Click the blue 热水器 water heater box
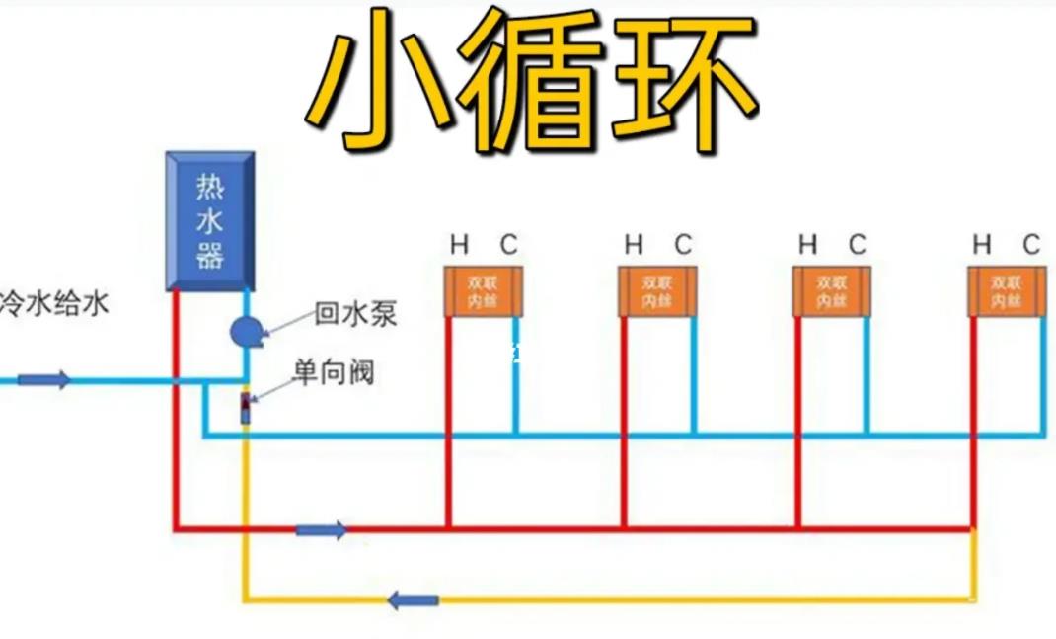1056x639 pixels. pyautogui.click(x=209, y=221)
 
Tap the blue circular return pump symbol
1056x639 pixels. pyautogui.click(x=244, y=332)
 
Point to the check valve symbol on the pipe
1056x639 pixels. pyautogui.click(x=246, y=407)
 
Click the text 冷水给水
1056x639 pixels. pyautogui.click(x=53, y=302)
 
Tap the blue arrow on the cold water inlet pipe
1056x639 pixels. pyautogui.click(x=44, y=379)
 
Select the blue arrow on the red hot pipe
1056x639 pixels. pyautogui.click(x=321, y=530)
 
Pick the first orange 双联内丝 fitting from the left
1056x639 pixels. pyautogui.click(x=484, y=291)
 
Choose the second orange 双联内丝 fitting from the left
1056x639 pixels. pyautogui.click(x=657, y=291)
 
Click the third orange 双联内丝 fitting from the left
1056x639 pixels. pyautogui.click(x=832, y=291)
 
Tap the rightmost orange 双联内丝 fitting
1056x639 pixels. pyautogui.click(x=1006, y=291)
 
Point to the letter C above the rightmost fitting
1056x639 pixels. pyautogui.click(x=1031, y=244)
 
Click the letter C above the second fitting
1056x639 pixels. pyautogui.click(x=683, y=244)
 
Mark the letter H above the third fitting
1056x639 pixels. pyautogui.click(x=808, y=244)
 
